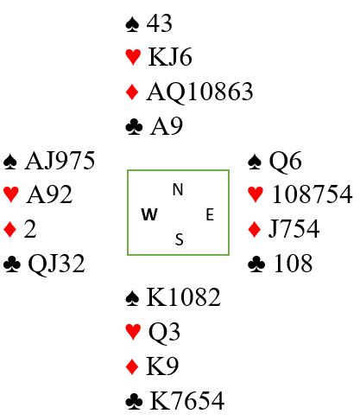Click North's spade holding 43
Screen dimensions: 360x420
click(x=160, y=23)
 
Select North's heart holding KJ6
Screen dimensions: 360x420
click(x=170, y=57)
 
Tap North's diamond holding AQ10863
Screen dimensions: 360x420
click(x=199, y=92)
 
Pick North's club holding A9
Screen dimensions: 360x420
click(x=167, y=126)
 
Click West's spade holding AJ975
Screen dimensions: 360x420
click(x=60, y=161)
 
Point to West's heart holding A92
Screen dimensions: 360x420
click(x=49, y=194)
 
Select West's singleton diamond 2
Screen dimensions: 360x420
click(x=30, y=229)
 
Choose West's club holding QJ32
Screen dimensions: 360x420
click(x=56, y=264)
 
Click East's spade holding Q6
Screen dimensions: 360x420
click(x=285, y=162)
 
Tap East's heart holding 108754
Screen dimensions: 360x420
click(x=312, y=194)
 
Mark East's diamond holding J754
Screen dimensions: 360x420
click(x=294, y=229)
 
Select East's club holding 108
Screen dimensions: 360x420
click(x=293, y=264)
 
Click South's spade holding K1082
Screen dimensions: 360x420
click(x=184, y=297)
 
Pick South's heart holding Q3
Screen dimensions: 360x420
click(x=164, y=332)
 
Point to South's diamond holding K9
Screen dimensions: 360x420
click(x=162, y=366)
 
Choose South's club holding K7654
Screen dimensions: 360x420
click(x=187, y=400)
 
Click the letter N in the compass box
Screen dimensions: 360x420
click(x=178, y=189)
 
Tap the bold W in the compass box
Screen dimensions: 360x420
click(x=149, y=214)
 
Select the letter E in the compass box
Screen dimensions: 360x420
click(x=210, y=215)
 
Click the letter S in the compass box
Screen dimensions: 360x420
click(x=180, y=239)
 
